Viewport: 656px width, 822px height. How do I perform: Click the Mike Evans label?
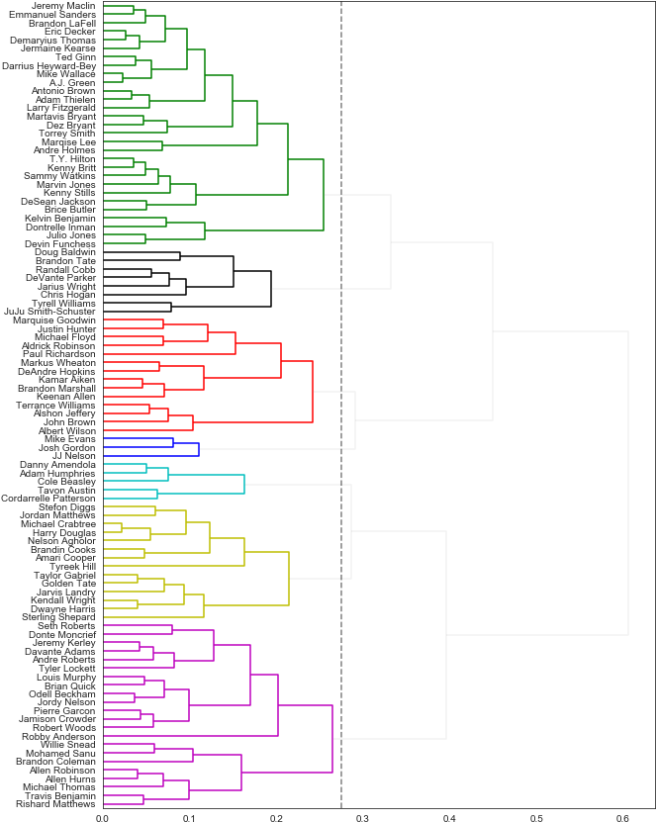click(x=72, y=439)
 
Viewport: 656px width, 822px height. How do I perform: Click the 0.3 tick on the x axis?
click(x=361, y=818)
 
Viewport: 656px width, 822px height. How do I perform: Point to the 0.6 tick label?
click(x=622, y=818)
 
